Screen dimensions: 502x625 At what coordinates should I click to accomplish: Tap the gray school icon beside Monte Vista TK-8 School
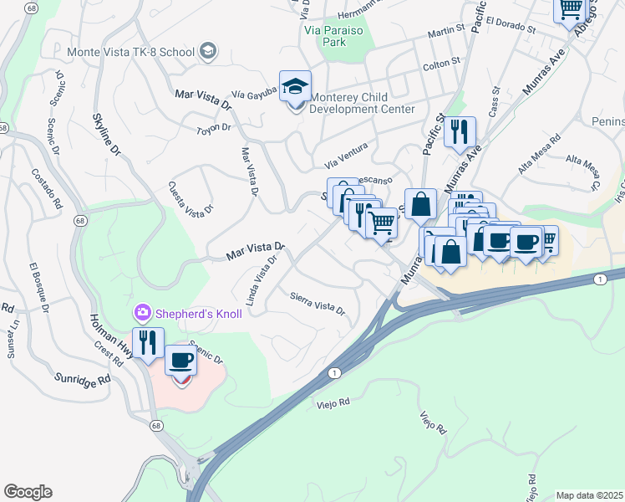pos(206,52)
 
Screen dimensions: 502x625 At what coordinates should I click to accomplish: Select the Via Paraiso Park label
pos(335,35)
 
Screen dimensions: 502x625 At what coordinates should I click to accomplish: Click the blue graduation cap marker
pos(295,86)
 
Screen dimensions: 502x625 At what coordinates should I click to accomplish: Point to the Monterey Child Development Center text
pos(362,103)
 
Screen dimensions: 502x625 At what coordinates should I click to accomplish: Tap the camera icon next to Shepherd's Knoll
pos(141,313)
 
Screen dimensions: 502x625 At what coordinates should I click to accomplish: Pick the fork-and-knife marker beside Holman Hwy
pos(148,342)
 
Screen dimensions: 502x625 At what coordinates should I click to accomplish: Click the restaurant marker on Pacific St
pos(460,132)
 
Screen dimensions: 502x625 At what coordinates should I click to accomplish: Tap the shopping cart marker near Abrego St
pos(571,10)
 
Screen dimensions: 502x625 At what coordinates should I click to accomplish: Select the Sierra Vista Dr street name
pos(318,302)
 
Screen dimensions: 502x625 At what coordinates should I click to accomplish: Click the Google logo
pos(28,492)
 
